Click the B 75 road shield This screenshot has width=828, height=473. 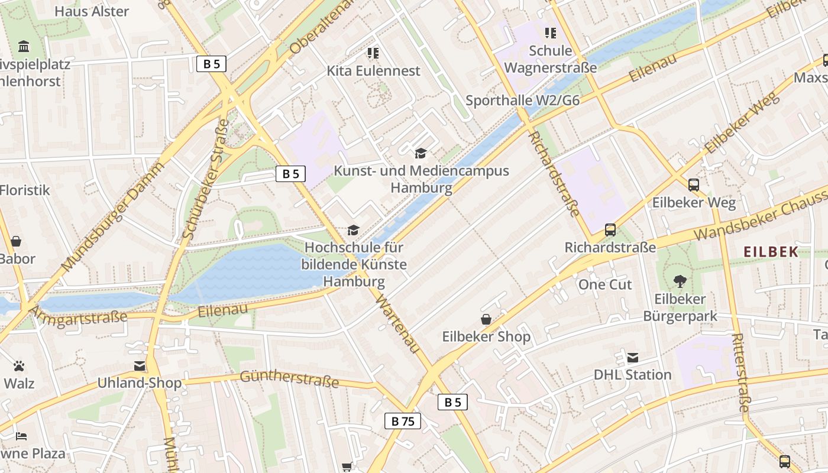click(x=403, y=421)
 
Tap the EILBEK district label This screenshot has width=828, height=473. click(x=771, y=252)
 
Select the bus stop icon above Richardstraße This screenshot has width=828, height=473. click(x=610, y=230)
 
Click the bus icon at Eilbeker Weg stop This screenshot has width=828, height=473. click(x=694, y=184)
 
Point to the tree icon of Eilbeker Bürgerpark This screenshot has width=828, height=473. click(x=680, y=281)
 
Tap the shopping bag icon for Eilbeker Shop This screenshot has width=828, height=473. click(x=486, y=320)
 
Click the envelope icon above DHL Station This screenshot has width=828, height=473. click(x=633, y=358)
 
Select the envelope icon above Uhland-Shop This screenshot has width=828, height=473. click(x=140, y=366)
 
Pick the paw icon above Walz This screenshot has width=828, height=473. click(x=19, y=366)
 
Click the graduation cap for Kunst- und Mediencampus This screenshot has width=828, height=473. click(x=421, y=154)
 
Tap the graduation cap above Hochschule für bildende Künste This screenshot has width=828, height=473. click(x=353, y=230)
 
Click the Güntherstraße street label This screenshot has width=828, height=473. click(x=289, y=379)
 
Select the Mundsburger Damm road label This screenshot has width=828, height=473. click(x=113, y=216)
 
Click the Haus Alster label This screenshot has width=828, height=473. click(x=91, y=11)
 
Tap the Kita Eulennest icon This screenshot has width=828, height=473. click(x=373, y=54)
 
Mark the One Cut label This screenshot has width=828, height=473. click(x=605, y=284)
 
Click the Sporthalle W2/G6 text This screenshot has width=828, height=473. click(x=522, y=101)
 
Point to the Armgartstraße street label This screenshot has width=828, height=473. click(x=77, y=315)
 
